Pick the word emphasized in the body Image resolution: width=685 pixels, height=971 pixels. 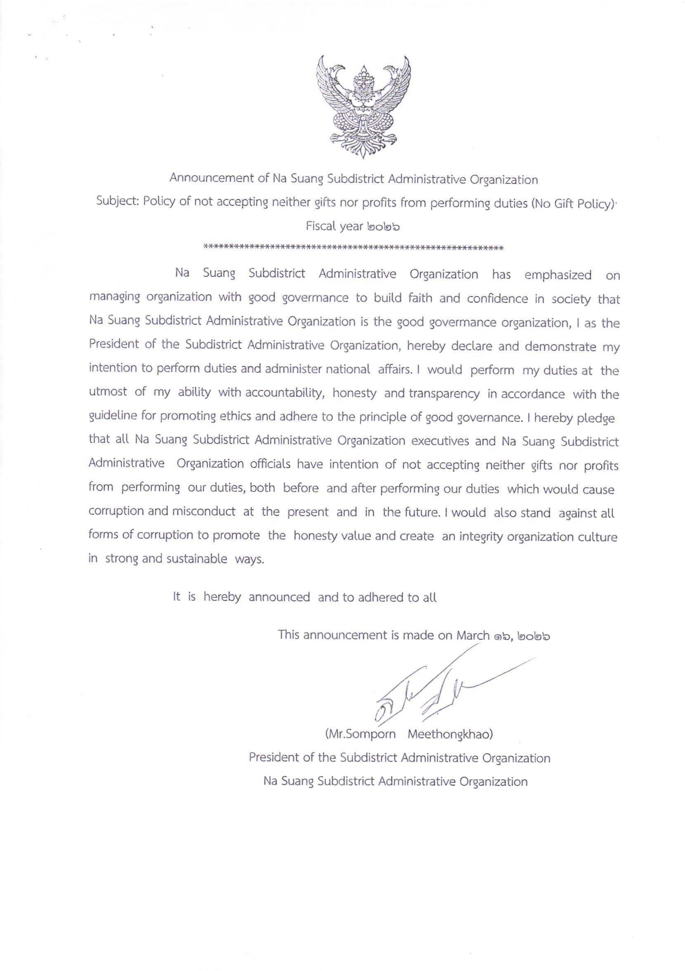558,275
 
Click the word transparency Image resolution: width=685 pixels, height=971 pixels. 444,394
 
